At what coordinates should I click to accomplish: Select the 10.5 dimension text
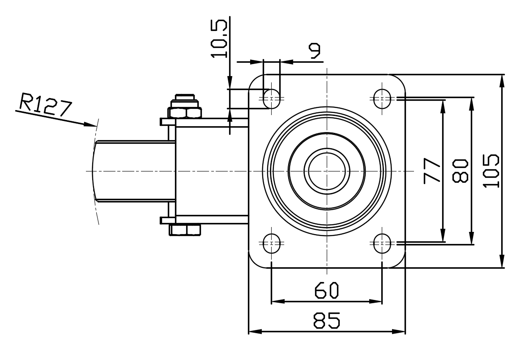pos(219,38)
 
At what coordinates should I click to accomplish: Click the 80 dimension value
pos(461,171)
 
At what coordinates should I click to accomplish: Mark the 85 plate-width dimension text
pos(326,320)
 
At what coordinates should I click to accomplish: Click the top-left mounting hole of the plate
pos(272,98)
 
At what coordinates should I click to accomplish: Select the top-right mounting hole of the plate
pos(382,98)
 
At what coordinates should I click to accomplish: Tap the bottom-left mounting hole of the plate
pos(272,244)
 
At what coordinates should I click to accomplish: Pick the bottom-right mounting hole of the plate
pos(382,244)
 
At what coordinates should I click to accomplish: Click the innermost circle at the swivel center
pos(327,171)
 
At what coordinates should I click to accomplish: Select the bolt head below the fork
pos(185,230)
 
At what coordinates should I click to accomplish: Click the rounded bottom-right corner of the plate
pos(400,263)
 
